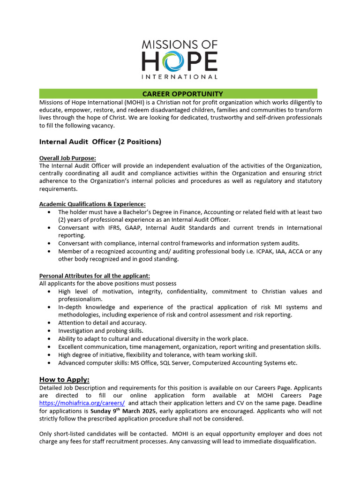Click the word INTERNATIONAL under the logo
coord(180,76)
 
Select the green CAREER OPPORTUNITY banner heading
coord(182,94)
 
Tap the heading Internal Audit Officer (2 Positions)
coord(100,142)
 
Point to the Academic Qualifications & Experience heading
coord(92,204)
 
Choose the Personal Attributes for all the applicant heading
coord(94,276)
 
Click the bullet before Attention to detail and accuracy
coord(50,323)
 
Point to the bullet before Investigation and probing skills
coord(50,331)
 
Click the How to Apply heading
coord(64,379)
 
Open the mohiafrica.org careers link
coord(82,403)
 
